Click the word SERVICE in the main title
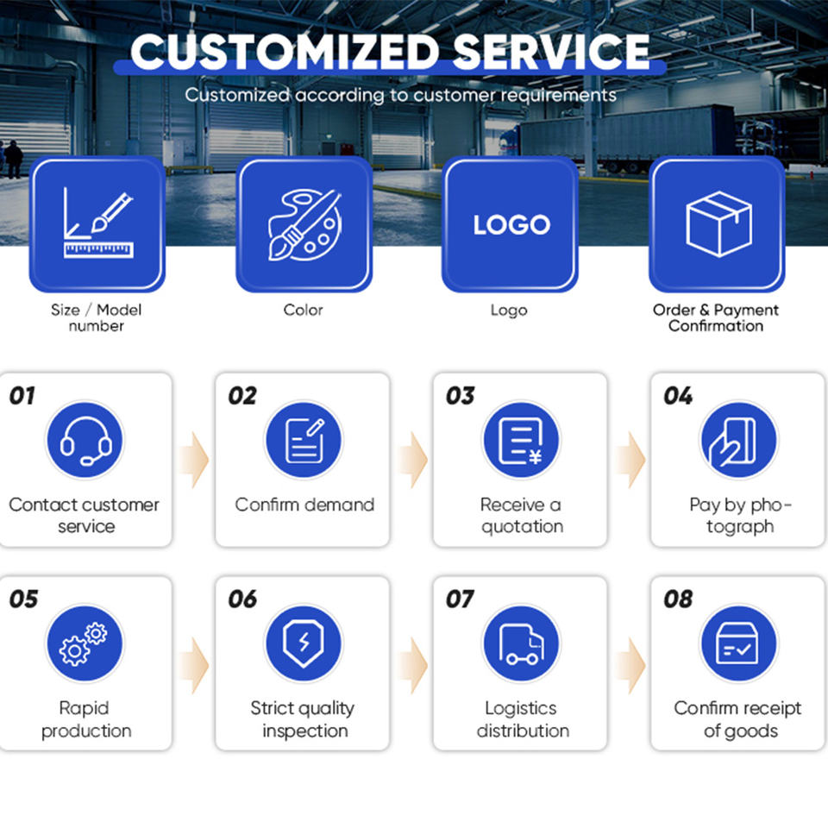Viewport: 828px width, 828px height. click(x=552, y=52)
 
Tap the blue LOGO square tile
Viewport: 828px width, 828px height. click(x=511, y=224)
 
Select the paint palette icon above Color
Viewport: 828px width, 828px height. click(x=304, y=224)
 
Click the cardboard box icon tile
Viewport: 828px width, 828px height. click(x=718, y=224)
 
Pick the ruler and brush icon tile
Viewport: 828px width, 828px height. click(x=97, y=224)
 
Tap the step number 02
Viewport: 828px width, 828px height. click(x=242, y=396)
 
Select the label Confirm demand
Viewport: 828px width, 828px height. click(x=304, y=505)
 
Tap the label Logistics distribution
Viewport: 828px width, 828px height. click(x=522, y=719)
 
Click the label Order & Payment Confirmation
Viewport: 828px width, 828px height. click(x=716, y=317)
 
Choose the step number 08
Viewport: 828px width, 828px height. click(x=678, y=599)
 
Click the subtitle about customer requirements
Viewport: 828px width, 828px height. click(x=400, y=95)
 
